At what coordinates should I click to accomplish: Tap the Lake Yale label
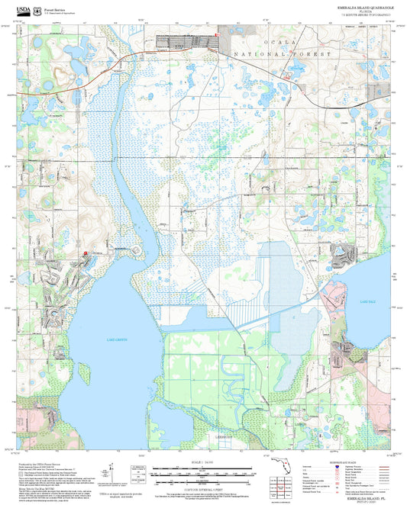(x=364, y=303)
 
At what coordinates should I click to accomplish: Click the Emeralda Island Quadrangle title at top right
(x=362, y=6)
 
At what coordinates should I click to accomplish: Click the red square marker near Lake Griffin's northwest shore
(x=85, y=254)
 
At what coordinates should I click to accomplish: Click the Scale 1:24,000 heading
(x=202, y=461)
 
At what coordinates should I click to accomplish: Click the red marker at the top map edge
(x=218, y=33)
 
